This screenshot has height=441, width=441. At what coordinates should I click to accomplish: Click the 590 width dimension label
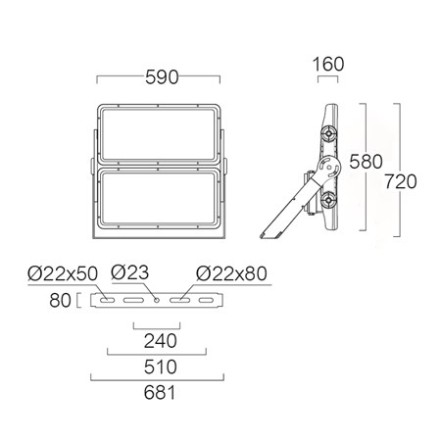point(162,77)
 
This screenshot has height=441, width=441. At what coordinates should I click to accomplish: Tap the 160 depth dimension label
point(328,64)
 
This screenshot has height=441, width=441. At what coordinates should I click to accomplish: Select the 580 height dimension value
point(366,162)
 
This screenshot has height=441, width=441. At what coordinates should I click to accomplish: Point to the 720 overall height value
point(400,181)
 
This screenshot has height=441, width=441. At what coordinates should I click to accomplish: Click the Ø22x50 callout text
point(63,273)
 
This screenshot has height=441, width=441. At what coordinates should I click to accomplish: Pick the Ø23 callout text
point(129,272)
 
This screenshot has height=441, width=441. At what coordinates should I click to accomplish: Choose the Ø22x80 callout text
point(231,273)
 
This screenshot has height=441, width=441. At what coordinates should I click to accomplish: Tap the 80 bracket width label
point(60,300)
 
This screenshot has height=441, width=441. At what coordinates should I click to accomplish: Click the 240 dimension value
point(161,341)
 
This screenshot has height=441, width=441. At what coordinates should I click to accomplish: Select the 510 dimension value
point(161,367)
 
